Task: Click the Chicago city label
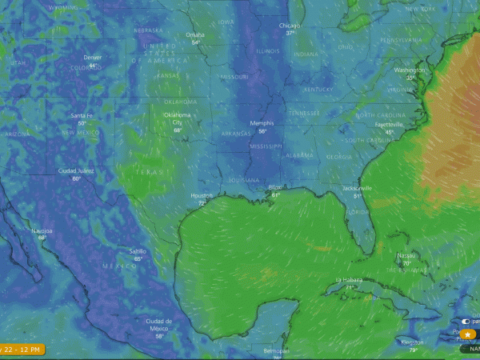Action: (289, 25)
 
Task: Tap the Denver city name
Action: (93, 58)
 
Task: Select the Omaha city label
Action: (195, 34)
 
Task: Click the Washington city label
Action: (410, 70)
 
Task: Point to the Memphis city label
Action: (262, 123)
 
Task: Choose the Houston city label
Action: (202, 196)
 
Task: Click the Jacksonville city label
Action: (357, 188)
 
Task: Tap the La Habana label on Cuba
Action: (349, 280)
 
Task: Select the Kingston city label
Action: (413, 342)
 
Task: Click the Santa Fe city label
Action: (82, 116)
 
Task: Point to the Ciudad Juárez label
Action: (76, 171)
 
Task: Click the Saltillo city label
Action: (138, 251)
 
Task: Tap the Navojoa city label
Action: (42, 230)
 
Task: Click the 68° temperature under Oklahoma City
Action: (178, 130)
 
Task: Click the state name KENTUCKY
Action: (318, 89)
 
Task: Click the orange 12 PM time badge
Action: (22, 350)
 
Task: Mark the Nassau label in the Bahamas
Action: (406, 255)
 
